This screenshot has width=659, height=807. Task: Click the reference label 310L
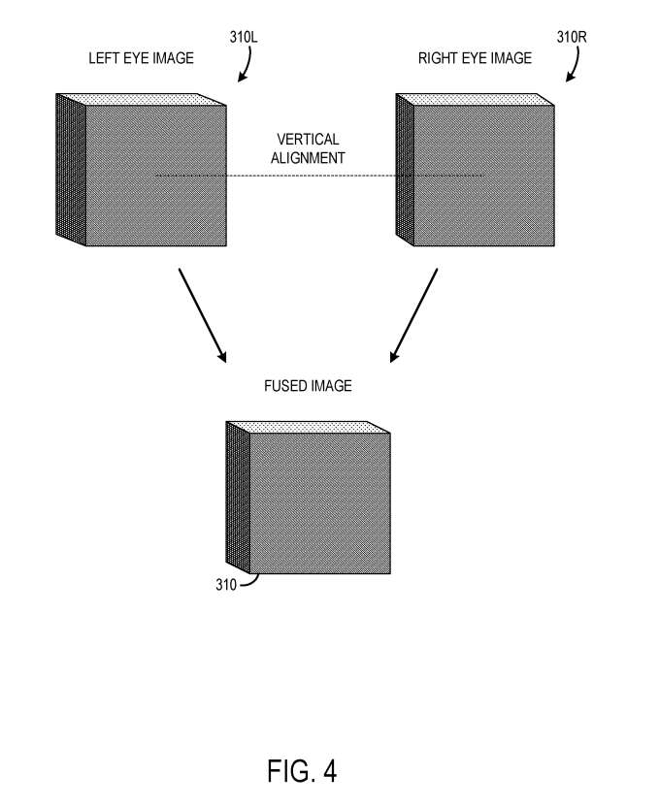244,37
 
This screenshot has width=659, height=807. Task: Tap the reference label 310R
572,37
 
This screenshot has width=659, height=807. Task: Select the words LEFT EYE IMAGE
141,58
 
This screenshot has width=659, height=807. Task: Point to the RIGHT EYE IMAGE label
475,58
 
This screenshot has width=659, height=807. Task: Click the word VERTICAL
308,140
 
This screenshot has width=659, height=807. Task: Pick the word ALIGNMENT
308,158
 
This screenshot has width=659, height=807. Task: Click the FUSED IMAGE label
308,386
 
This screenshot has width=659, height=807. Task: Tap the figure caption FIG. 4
302,771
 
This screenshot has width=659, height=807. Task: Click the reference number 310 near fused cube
226,585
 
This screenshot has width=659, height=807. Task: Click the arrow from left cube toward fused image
202,315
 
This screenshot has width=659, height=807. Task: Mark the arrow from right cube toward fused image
413,315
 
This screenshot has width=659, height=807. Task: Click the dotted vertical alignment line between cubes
319,176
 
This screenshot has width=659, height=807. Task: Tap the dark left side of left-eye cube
71,170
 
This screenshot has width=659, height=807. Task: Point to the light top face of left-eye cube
141,99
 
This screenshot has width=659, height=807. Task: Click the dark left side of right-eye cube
405,170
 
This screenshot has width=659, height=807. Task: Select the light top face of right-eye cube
476,99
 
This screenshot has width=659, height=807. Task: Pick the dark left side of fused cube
238,498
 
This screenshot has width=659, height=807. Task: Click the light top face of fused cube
308,427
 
